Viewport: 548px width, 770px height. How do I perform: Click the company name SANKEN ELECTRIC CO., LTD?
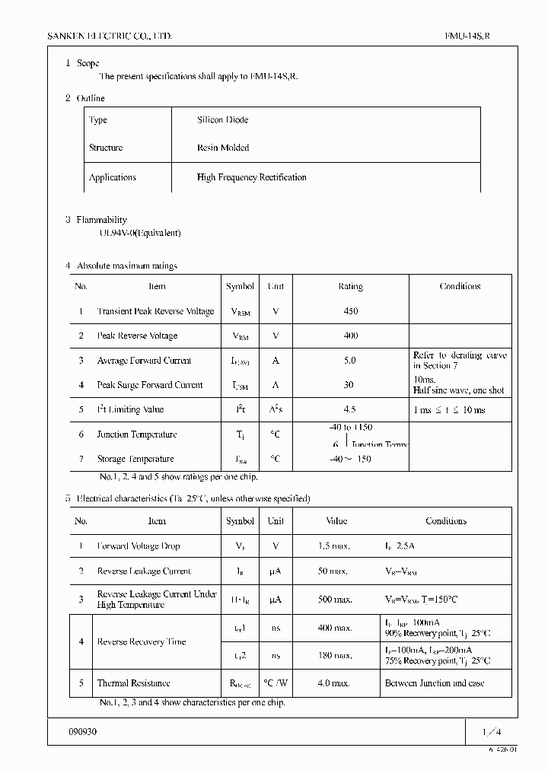tap(110, 36)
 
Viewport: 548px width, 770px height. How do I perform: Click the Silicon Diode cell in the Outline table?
tap(222, 120)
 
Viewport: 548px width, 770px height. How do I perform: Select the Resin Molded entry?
tap(222, 148)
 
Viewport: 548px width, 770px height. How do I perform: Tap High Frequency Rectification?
tap(251, 177)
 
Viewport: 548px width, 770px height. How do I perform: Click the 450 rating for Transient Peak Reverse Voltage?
tap(350, 311)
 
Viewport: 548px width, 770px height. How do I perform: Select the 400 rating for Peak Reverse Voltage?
tap(350, 336)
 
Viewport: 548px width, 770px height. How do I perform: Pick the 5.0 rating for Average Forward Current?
tap(350, 361)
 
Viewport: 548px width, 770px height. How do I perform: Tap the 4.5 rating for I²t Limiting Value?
tap(350, 409)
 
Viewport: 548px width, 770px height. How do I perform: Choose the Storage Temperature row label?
tap(135, 459)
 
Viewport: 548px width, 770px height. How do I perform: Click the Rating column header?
tap(350, 287)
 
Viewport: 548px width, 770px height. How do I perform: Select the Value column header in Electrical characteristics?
tap(336, 521)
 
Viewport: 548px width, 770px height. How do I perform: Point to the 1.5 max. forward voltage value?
tap(333, 546)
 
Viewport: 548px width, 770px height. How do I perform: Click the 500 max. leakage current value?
tap(334, 600)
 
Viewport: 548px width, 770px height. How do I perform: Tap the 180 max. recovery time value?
tap(334, 655)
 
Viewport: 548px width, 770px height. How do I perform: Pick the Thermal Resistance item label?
tap(133, 683)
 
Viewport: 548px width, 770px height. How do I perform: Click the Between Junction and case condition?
tap(435, 683)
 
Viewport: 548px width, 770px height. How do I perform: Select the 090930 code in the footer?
tap(82, 731)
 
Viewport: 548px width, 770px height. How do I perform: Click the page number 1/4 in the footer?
tap(492, 732)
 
